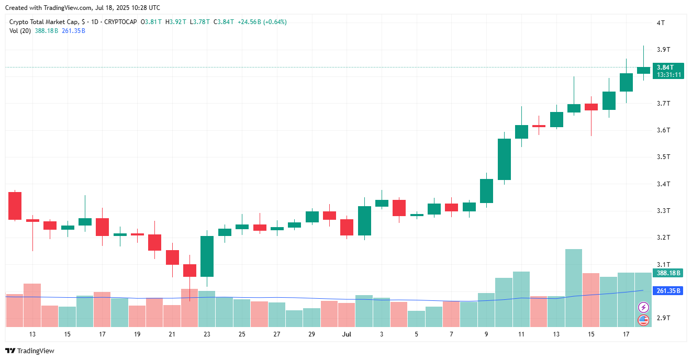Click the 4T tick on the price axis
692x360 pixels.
click(x=661, y=23)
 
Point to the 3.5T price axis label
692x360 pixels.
click(x=663, y=157)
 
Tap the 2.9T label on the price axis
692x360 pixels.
click(x=663, y=318)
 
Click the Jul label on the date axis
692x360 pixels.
click(x=347, y=334)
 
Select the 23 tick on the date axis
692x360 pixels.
click(x=207, y=334)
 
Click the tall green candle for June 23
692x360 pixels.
click(x=207, y=256)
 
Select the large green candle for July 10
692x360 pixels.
click(x=504, y=159)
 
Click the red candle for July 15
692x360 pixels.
click(x=591, y=107)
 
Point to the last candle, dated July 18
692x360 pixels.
click(x=643, y=70)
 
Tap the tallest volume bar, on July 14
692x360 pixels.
click(x=574, y=288)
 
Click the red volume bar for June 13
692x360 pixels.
click(x=32, y=305)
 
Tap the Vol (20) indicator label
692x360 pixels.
click(x=20, y=31)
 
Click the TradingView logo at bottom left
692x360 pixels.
click(x=30, y=351)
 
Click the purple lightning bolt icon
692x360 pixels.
click(x=643, y=307)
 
